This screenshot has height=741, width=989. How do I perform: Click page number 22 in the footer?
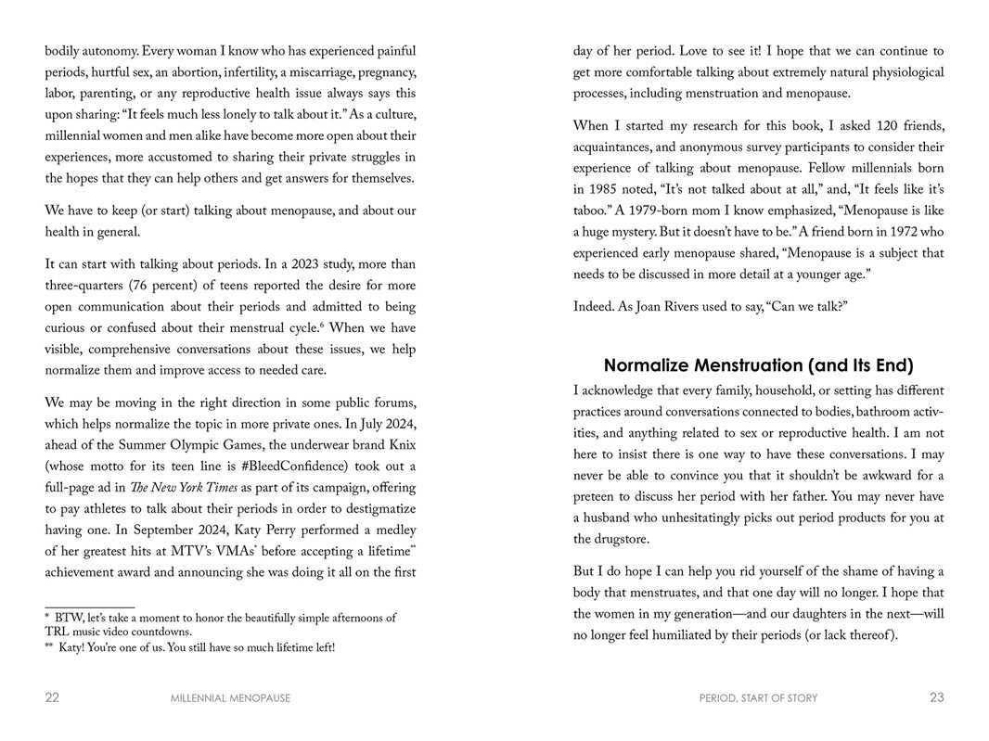52,697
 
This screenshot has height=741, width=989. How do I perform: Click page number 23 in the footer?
936,697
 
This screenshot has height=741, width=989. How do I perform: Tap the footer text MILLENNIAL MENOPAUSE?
230,698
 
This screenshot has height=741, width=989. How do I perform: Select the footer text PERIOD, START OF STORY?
758,698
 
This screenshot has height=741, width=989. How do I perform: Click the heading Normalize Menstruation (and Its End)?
758,365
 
